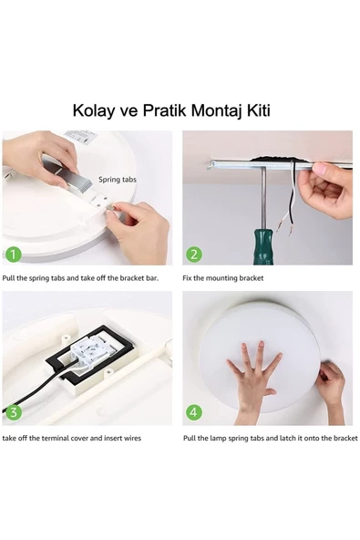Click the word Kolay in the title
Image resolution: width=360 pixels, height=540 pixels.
96,111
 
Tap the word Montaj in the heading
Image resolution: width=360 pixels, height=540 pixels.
213,111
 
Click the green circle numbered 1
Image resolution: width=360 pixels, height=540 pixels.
13,254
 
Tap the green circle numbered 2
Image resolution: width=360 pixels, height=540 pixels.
194,254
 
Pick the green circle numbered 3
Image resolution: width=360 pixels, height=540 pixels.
13,412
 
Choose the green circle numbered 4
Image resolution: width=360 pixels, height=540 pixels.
194,412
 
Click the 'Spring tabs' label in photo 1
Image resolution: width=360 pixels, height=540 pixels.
118,181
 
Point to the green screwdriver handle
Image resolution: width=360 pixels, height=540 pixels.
263,240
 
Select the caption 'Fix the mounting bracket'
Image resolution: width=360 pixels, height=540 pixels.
223,278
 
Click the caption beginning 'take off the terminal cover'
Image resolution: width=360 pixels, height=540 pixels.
72,439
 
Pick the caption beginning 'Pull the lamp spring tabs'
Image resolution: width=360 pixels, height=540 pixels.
270,439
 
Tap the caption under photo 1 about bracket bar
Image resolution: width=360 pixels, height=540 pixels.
87,278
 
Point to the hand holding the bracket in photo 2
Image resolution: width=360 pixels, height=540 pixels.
326,190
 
